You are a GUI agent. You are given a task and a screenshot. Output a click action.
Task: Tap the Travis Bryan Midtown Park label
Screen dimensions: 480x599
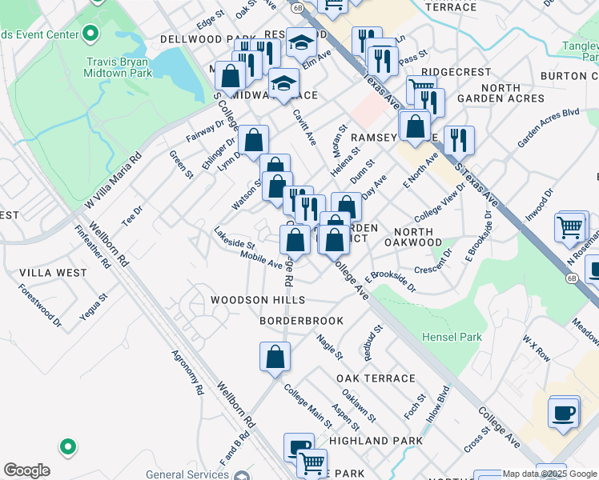[118, 67]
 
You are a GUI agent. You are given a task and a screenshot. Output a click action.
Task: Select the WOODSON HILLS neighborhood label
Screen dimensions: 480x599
[258, 300]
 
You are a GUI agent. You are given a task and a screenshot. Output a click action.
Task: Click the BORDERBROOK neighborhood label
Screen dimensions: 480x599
[301, 321]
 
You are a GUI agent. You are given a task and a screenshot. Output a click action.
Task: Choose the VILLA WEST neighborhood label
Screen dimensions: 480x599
[53, 273]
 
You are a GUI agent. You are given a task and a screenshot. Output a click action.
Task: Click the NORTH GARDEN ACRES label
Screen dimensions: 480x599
[501, 94]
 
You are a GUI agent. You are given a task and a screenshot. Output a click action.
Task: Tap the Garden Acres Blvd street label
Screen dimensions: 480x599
[548, 127]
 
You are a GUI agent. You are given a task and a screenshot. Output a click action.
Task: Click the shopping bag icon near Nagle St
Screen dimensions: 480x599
[275, 357]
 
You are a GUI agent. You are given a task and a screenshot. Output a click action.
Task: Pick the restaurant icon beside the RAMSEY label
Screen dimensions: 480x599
[459, 140]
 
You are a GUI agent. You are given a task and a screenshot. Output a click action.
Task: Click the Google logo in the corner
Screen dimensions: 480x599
[26, 470]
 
